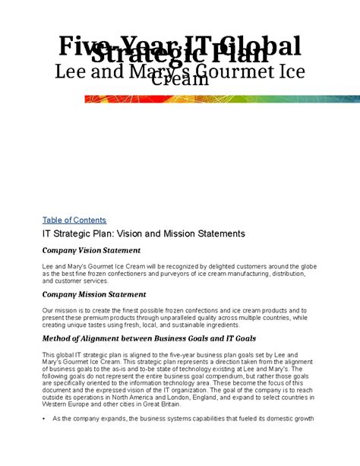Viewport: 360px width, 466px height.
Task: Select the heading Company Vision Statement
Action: pyautogui.click(x=91, y=250)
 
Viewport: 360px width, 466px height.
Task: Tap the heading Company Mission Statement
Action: pyautogui.click(x=94, y=294)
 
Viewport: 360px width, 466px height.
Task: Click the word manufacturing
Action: pyautogui.click(x=248, y=274)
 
